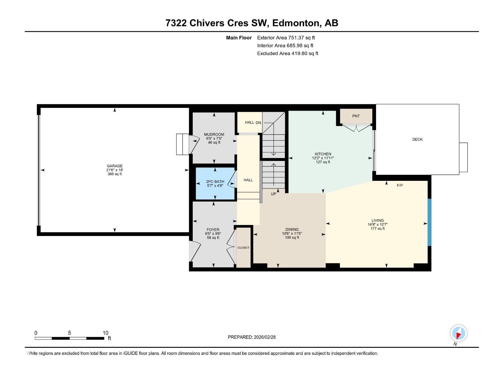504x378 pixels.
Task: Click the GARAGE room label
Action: (x=115, y=166)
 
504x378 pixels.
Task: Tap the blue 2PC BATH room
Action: (x=215, y=184)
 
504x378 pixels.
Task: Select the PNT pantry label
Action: (x=356, y=116)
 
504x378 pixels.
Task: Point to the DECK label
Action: (x=417, y=139)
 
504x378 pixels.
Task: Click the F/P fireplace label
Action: (x=400, y=186)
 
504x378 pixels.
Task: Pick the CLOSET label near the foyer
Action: (x=243, y=248)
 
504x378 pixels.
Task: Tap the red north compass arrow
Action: (x=458, y=336)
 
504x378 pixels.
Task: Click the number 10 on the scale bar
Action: (x=106, y=333)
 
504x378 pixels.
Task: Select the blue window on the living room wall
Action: (x=429, y=222)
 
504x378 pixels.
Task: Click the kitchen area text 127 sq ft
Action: (x=323, y=162)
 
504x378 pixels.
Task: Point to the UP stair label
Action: (x=273, y=194)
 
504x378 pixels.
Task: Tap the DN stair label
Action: (x=258, y=123)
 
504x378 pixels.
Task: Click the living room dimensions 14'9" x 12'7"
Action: (x=377, y=225)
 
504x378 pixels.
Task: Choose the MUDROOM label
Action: (x=214, y=135)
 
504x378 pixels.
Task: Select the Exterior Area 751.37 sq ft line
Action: (x=286, y=38)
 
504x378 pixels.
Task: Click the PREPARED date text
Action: (x=252, y=337)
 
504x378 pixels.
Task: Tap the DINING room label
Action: (x=292, y=230)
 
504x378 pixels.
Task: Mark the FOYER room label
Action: (x=213, y=230)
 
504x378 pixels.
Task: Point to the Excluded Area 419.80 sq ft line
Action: (x=288, y=54)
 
